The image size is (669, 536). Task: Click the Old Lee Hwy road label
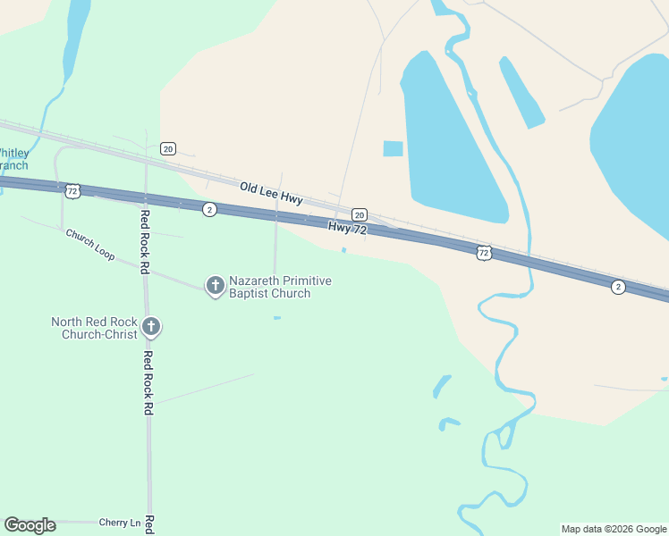point(271,193)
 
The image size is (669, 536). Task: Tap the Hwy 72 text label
point(348,229)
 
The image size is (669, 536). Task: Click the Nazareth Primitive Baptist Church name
point(280,287)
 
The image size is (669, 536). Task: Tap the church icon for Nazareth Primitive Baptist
point(215,286)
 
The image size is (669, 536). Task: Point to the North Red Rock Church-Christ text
point(94,328)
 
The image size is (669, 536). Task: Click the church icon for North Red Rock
point(151,327)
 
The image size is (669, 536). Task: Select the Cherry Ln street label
point(120,523)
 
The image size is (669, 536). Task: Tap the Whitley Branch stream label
point(13,159)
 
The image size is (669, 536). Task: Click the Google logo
point(30,525)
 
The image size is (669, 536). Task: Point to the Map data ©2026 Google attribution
point(614,529)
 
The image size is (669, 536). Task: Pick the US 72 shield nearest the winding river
point(484,253)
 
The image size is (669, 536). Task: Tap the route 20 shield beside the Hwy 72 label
point(359,214)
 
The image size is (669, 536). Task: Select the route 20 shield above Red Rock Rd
point(167,147)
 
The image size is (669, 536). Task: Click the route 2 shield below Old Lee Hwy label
point(208,209)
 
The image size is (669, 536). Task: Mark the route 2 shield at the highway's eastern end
point(618,286)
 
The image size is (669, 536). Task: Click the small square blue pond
point(393,148)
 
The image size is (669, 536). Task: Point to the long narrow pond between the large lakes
point(521,92)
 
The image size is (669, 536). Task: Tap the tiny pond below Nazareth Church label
point(277,317)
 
